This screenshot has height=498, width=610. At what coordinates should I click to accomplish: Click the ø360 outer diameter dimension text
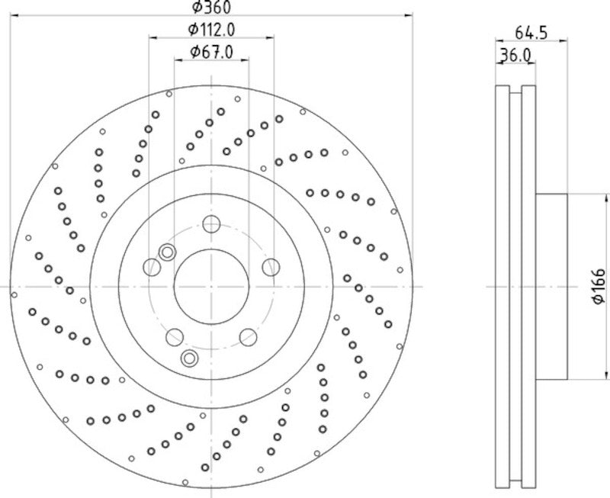coord(210,7)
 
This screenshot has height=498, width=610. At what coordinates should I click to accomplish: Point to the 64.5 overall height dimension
coord(531,33)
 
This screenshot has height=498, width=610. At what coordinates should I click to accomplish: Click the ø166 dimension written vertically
coord(599,287)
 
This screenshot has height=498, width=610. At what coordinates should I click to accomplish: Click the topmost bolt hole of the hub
coord(211,224)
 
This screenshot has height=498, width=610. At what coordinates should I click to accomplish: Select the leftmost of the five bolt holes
coord(152,266)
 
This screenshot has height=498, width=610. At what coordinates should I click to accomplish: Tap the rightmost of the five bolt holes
coord(270,266)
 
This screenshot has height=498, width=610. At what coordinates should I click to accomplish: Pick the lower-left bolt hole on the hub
coord(175,336)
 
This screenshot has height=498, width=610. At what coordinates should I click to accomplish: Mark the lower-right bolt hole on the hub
coord(248,336)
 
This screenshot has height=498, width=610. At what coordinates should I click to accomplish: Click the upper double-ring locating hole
coord(167,252)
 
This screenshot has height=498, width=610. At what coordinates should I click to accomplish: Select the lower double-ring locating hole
coord(189,358)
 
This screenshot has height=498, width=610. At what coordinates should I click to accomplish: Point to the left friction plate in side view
coord(502,287)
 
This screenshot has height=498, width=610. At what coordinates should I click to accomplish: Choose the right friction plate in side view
coord(528,287)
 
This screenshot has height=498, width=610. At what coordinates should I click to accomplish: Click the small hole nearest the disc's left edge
coord(14,293)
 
